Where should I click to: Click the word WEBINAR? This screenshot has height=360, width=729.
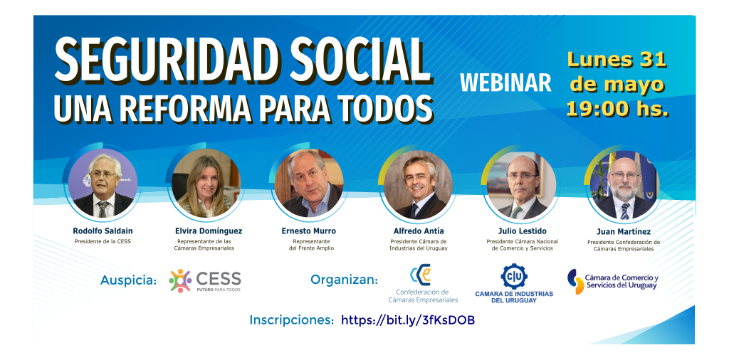(x=506, y=83)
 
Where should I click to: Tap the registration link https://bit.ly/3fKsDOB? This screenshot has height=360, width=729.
(x=408, y=320)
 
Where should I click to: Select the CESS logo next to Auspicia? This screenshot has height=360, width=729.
(x=205, y=280)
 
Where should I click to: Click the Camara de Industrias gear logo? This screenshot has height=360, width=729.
(x=514, y=276)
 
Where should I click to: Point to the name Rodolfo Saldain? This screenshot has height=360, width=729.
(x=103, y=231)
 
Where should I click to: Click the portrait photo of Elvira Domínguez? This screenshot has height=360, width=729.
(x=206, y=183)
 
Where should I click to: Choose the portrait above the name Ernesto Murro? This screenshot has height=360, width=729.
(x=309, y=183)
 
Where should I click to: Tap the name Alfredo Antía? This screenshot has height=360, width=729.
(x=419, y=231)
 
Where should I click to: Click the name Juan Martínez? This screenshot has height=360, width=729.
(x=624, y=231)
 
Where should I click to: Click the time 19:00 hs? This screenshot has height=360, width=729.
(x=617, y=109)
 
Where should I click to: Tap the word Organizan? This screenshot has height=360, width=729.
(x=344, y=280)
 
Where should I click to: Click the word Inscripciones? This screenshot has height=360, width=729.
(x=292, y=320)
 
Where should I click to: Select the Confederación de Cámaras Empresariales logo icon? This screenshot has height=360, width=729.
(x=420, y=275)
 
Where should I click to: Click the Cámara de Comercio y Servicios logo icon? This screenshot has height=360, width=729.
(x=575, y=282)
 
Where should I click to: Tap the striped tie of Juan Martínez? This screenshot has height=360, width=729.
(x=625, y=211)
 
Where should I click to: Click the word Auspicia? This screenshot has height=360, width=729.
(x=129, y=280)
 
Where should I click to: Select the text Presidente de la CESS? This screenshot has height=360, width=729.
(x=103, y=242)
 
